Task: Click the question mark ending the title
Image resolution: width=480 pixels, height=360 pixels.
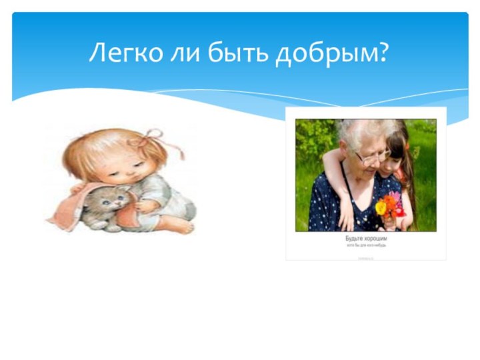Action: (x=383, y=52)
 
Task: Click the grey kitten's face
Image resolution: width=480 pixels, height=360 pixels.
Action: (x=115, y=198)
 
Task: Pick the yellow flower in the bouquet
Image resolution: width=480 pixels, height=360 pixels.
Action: (x=381, y=207)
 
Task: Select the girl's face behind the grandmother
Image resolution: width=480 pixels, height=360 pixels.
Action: (x=397, y=150)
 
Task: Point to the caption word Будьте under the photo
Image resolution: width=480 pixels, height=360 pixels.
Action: (x=354, y=238)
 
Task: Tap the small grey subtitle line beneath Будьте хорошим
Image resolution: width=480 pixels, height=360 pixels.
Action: (x=365, y=245)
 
